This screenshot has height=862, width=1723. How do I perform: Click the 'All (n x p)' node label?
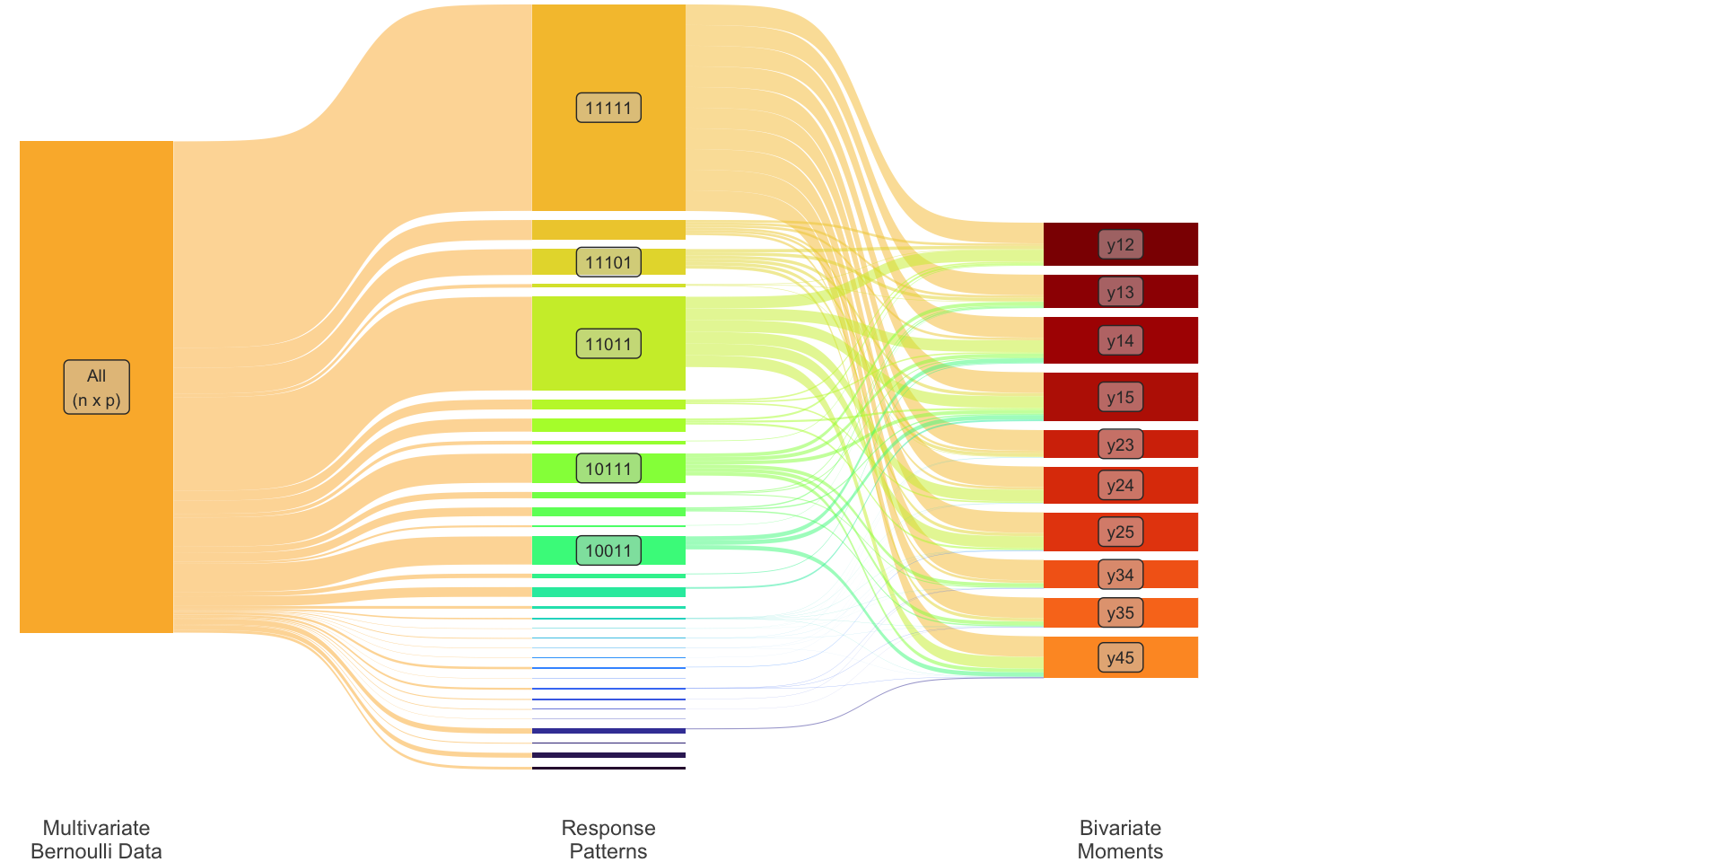point(96,387)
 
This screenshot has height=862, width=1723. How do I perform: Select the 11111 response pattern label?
point(608,108)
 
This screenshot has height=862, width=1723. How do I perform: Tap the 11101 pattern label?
point(608,262)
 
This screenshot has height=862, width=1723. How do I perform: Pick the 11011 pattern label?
point(608,344)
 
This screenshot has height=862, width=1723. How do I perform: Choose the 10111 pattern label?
point(608,468)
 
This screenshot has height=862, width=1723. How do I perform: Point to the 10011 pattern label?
point(608,550)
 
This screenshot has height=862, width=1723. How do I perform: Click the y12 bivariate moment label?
point(1120,244)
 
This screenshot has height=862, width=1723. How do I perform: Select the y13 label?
point(1120,292)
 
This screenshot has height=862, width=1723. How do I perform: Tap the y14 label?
point(1120,340)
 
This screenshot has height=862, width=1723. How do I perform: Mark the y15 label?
point(1120,397)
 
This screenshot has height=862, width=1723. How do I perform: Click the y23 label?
point(1120,444)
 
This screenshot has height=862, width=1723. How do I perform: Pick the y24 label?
point(1120,485)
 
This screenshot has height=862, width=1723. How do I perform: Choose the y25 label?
point(1120,532)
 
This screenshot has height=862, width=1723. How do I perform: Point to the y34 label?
point(1120,575)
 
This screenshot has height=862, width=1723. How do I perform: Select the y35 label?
point(1120,612)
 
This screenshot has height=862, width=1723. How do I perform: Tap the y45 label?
point(1120,657)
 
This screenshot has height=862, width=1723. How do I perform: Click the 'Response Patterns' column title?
point(608,840)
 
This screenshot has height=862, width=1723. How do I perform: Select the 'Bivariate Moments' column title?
point(1120,840)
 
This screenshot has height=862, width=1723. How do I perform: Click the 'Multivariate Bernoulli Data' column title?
point(96,840)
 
